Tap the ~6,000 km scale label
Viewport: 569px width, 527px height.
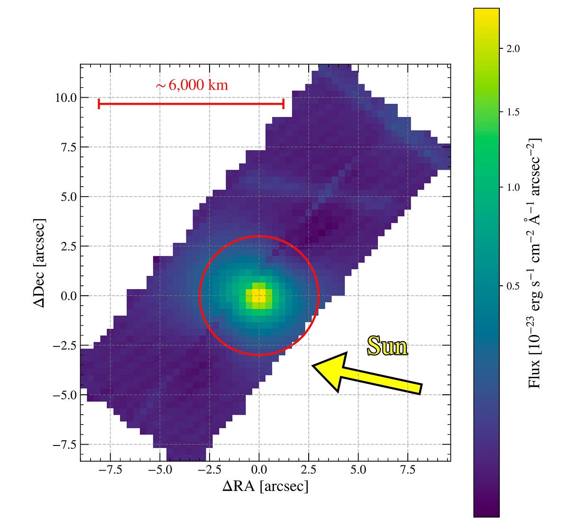pyautogui.click(x=192, y=85)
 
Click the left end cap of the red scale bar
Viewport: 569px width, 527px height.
pyautogui.click(x=99, y=104)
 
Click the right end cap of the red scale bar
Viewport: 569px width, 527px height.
pyautogui.click(x=283, y=104)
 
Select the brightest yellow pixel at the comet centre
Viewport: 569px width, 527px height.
pyautogui.click(x=258, y=298)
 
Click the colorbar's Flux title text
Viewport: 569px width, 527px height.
pyautogui.click(x=535, y=263)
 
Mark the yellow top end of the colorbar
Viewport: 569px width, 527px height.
pyautogui.click(x=486, y=11)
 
